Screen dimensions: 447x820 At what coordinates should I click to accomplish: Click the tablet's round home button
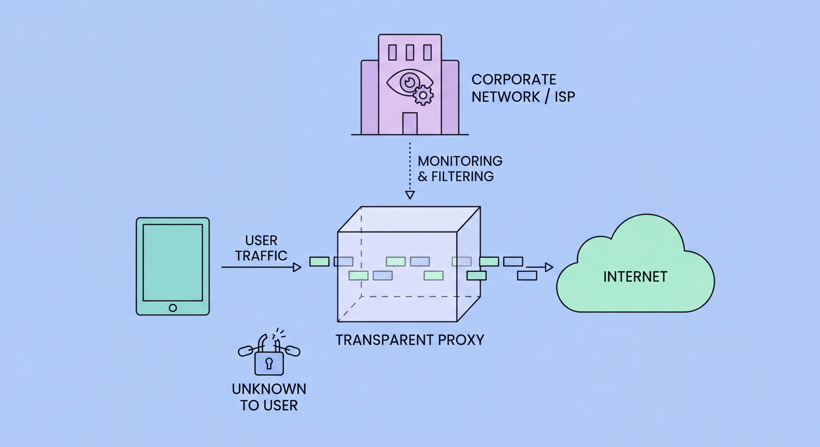pos(172,308)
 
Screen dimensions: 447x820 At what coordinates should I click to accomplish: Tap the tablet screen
pos(172,262)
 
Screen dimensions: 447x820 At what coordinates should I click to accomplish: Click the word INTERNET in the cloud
pos(635,277)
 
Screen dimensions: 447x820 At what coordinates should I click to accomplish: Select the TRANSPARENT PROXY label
pos(410,340)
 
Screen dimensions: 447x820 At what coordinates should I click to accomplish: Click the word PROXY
pos(461,340)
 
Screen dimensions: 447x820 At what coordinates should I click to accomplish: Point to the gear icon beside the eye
pos(423,95)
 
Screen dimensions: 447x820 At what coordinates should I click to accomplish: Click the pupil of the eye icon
pos(409,82)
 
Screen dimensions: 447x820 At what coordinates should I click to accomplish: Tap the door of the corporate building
pos(410,123)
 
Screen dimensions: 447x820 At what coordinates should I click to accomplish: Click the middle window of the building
pos(410,52)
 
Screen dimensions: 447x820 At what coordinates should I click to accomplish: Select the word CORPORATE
pos(514,79)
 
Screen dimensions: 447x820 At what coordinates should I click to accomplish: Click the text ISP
pos(565,97)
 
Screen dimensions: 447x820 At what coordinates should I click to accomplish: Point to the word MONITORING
pos(460,161)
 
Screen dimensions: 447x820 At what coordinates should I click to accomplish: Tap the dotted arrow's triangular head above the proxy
pos(410,194)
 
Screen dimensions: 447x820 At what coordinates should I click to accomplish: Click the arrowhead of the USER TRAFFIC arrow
pos(297,267)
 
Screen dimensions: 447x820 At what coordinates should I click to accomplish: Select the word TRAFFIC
pos(261,256)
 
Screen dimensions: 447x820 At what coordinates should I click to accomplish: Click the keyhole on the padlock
pos(269,363)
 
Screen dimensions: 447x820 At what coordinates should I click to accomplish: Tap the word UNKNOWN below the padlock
pos(269,389)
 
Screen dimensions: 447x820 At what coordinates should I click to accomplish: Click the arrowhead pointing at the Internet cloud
pos(549,267)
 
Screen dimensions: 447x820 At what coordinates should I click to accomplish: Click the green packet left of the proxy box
pos(319,262)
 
